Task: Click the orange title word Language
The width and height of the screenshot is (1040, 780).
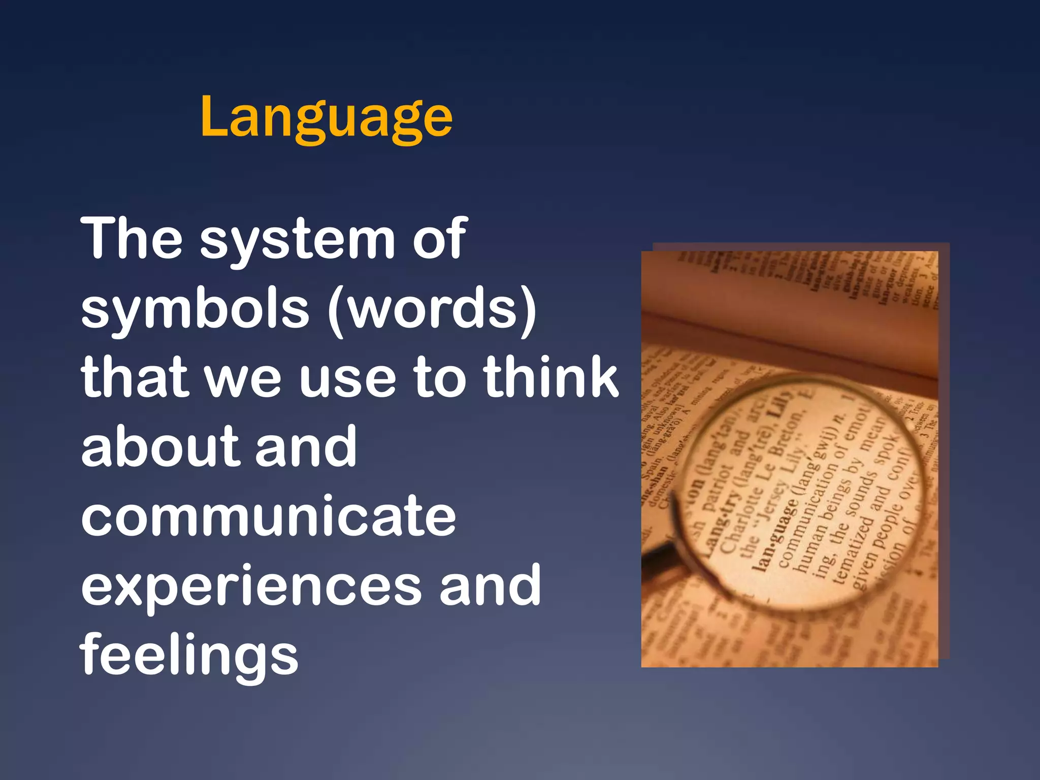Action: coord(326,118)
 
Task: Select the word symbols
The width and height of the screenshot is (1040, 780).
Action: coord(195,309)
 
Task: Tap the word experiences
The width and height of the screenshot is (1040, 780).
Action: coord(251,587)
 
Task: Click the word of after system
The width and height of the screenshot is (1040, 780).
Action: coord(439,239)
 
